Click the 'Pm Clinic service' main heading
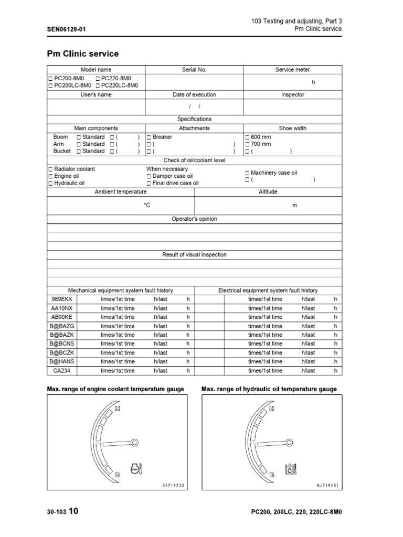83,53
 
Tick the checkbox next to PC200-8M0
50,78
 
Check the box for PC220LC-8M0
98,85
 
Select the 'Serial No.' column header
194,69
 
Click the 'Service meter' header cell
292,69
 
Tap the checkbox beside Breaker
149,137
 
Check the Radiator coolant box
50,169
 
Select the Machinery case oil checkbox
248,173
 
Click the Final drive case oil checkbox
149,184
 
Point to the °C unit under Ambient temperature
147,206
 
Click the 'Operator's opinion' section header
194,219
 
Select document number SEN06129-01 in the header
66,29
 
